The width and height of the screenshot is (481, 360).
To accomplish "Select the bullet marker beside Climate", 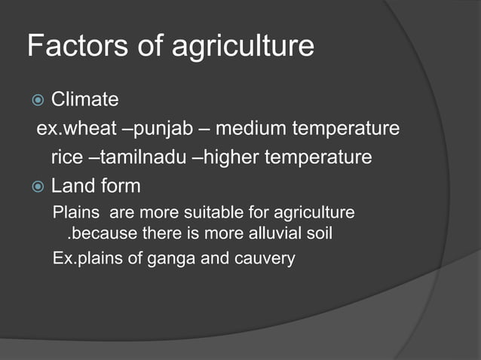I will (x=35, y=100).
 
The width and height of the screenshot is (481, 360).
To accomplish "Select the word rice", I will (x=65, y=158).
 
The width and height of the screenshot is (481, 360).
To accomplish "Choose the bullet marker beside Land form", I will (x=35, y=185).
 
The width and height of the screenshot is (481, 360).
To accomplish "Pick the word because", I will (x=104, y=233).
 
